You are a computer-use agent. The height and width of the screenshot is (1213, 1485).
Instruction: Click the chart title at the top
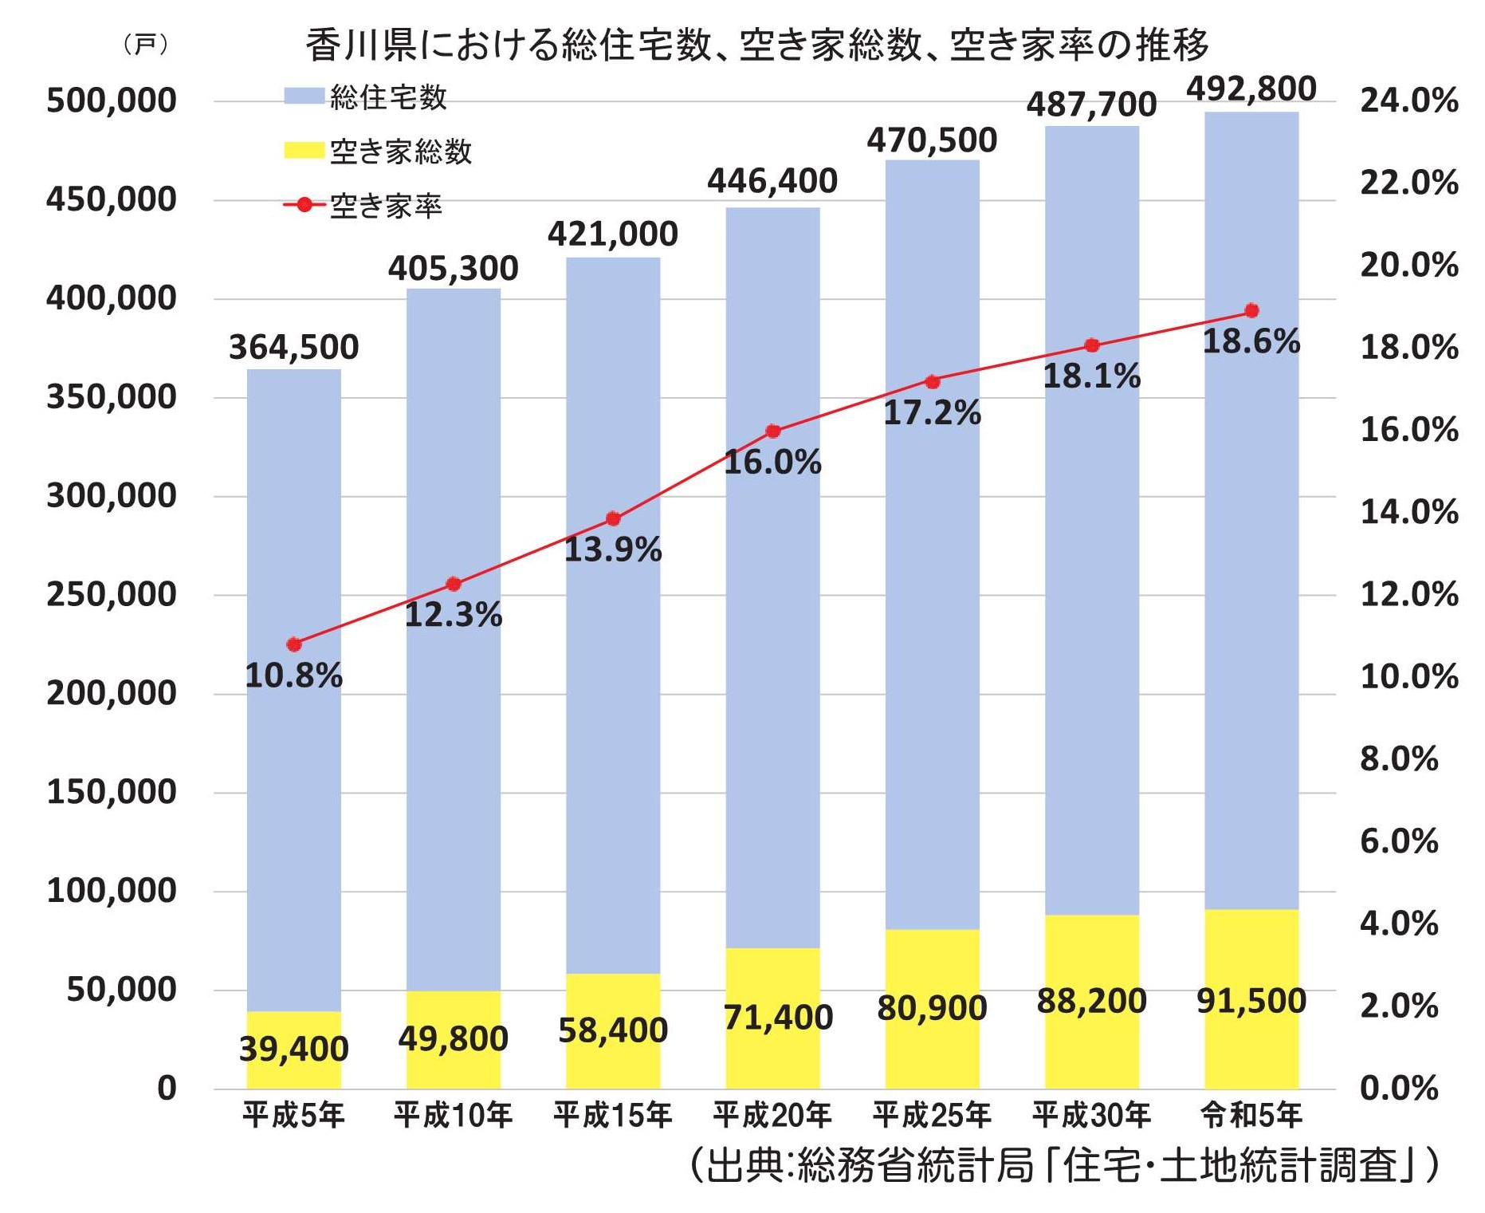click(x=757, y=45)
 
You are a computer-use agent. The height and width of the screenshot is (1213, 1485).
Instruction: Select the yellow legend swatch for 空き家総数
click(x=304, y=151)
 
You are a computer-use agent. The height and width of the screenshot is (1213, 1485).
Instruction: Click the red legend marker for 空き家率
click(x=304, y=205)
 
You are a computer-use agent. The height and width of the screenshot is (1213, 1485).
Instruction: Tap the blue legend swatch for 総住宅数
click(x=304, y=96)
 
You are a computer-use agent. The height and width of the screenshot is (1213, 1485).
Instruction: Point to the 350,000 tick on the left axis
click(x=111, y=396)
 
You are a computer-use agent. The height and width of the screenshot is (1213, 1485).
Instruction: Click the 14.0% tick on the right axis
click(x=1408, y=512)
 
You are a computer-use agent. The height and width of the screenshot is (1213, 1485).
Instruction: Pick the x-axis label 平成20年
click(x=772, y=1114)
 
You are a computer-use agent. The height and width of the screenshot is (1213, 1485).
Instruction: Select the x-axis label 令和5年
click(x=1251, y=1114)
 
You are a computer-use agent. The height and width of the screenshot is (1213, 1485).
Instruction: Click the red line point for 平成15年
click(x=613, y=519)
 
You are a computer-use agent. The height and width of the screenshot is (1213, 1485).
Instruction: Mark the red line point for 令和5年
click(x=1251, y=310)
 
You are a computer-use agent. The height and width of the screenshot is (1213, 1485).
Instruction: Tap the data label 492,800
click(x=1251, y=89)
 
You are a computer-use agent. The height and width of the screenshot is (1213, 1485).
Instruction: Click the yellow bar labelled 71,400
click(x=772, y=1018)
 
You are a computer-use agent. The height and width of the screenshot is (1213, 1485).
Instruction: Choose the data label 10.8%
click(x=293, y=676)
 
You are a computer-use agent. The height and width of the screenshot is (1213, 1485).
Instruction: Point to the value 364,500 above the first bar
click(x=293, y=348)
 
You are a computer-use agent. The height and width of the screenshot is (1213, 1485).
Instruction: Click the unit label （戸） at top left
click(x=145, y=45)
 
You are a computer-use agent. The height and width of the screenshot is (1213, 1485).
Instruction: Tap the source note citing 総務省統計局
click(x=1064, y=1165)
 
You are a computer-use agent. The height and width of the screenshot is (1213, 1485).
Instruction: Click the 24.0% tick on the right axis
click(x=1408, y=101)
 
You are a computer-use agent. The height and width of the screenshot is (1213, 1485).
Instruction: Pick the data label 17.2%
click(x=932, y=413)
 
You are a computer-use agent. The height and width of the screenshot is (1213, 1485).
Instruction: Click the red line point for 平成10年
click(x=454, y=585)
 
